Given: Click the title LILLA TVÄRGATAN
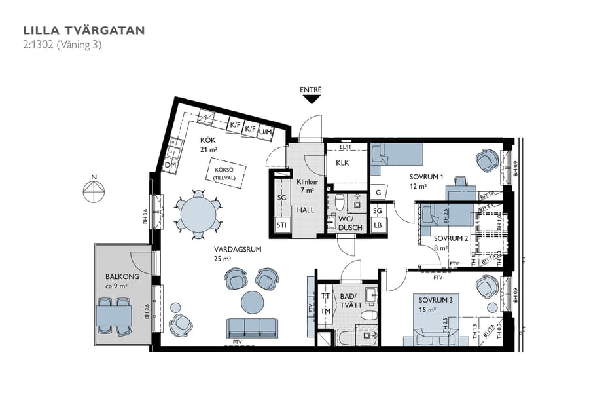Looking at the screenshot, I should click(x=84, y=30).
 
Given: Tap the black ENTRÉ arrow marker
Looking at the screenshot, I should click(x=312, y=100).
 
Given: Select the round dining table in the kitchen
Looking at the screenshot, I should click(x=198, y=212).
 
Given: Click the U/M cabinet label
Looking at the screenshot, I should click(x=266, y=132).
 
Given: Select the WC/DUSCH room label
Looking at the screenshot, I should click(x=346, y=222).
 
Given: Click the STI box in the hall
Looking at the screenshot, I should click(x=282, y=227).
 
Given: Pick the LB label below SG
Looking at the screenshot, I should click(x=378, y=225).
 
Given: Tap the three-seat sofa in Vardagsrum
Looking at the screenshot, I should click(x=252, y=327).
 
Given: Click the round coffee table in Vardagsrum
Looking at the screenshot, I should click(x=253, y=303).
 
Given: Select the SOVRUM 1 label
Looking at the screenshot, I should click(x=427, y=177).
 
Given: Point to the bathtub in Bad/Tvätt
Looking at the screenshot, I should click(x=357, y=339).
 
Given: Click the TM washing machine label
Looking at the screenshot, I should click(x=325, y=311).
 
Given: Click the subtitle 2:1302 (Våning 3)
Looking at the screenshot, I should click(x=62, y=45).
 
